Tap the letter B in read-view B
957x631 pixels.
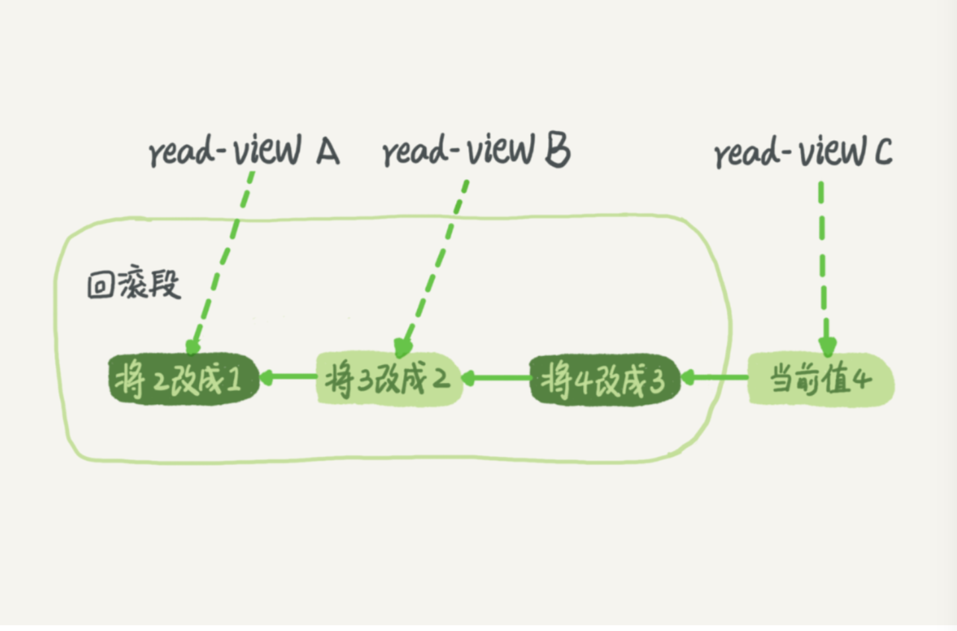pyautogui.click(x=558, y=149)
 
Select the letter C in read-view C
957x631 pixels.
pyautogui.click(x=884, y=152)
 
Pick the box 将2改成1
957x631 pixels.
pyautogui.click(x=184, y=379)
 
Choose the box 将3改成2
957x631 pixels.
pyautogui.click(x=389, y=379)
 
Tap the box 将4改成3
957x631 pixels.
pyautogui.click(x=605, y=379)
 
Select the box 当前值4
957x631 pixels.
pyautogui.click(x=821, y=379)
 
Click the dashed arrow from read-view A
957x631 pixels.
pyautogui.click(x=222, y=263)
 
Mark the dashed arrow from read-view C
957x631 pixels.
pyautogui.click(x=824, y=269)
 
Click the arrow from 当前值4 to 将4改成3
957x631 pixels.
pyautogui.click(x=714, y=378)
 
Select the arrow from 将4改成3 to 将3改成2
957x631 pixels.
pyautogui.click(x=496, y=378)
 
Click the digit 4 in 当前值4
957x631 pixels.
pyautogui.click(x=861, y=379)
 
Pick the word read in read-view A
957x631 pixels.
pyautogui.click(x=180, y=151)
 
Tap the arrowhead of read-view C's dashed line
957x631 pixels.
pyautogui.click(x=827, y=347)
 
